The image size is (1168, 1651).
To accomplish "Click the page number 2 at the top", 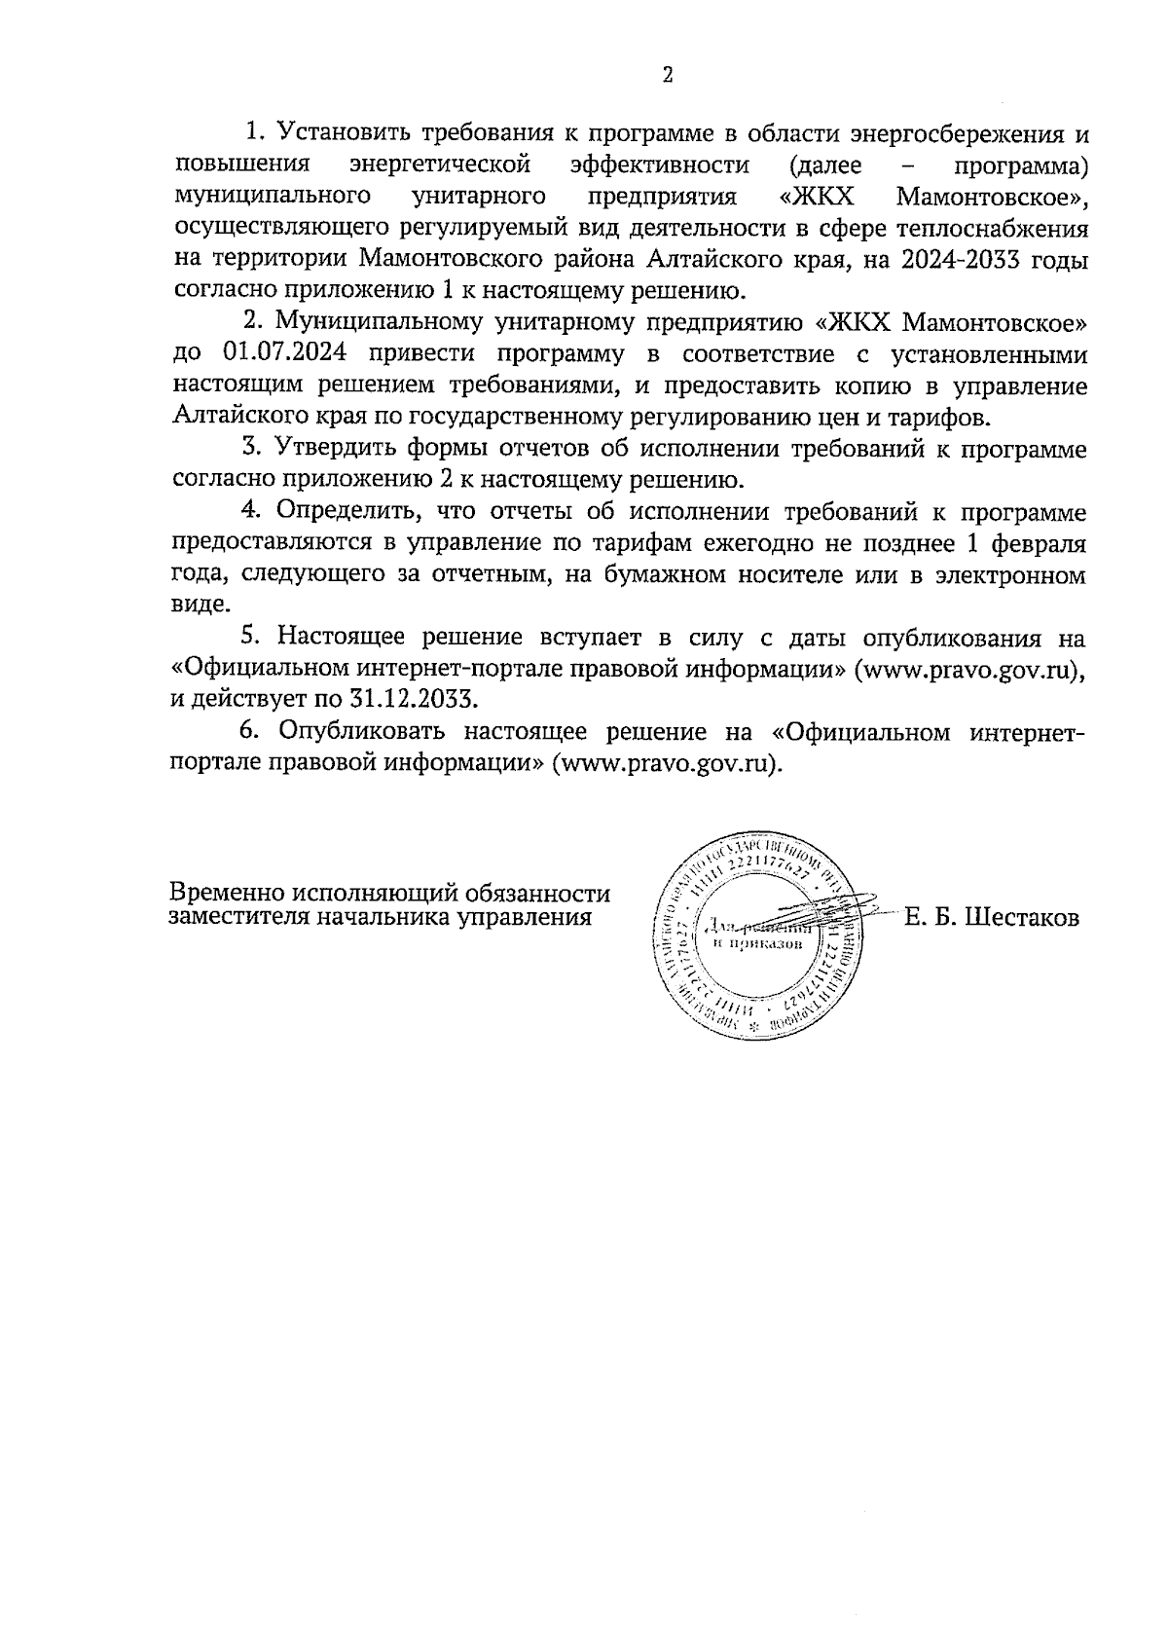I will tap(668, 76).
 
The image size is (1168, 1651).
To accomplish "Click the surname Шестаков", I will tap(1020, 917).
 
